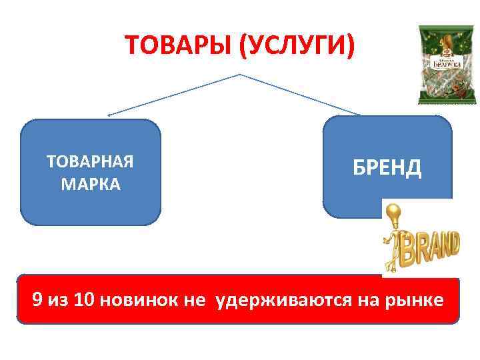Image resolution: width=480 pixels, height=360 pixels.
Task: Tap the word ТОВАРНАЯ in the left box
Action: [x=91, y=162]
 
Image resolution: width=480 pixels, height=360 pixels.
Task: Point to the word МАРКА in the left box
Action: [x=91, y=183]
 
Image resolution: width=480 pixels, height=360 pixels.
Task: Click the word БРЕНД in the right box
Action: [x=387, y=167]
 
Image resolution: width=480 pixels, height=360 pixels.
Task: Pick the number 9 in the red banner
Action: [x=38, y=300]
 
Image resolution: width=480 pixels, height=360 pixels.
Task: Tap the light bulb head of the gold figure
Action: [x=393, y=213]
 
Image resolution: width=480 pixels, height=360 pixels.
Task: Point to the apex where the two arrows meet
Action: [x=239, y=75]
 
